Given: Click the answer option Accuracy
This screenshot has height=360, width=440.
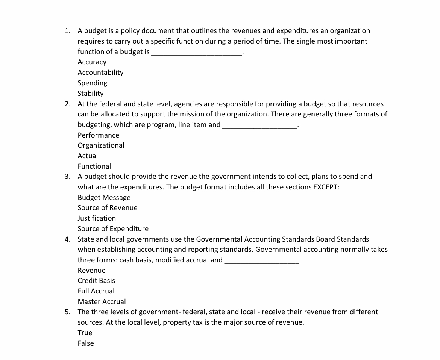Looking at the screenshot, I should [x=92, y=62].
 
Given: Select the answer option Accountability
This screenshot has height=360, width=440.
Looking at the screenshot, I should [x=100, y=73].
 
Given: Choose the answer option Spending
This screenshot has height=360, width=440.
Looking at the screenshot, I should [x=93, y=83].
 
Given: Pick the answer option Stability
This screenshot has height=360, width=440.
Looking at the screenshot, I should [x=91, y=94].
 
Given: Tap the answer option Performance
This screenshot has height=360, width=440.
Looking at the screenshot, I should [x=99, y=135].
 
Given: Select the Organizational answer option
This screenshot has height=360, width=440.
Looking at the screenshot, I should [x=101, y=145].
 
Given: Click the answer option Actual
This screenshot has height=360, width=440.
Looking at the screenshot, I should [x=88, y=156].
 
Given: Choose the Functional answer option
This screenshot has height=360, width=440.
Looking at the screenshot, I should [x=94, y=166].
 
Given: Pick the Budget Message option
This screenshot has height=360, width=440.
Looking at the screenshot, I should [x=104, y=198].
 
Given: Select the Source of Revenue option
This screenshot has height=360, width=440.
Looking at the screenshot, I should [x=108, y=208].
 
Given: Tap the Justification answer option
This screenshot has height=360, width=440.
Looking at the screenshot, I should [x=97, y=218].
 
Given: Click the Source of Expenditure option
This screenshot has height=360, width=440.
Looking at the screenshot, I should [x=113, y=229].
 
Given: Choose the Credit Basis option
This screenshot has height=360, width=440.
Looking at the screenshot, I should [x=96, y=281].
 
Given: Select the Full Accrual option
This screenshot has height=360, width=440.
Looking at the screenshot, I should [x=96, y=291].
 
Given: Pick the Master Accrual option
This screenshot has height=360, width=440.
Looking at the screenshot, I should [x=102, y=302].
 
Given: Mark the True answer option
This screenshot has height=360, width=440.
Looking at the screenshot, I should [x=85, y=333].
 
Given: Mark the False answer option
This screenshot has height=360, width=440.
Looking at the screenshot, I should [x=86, y=343].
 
